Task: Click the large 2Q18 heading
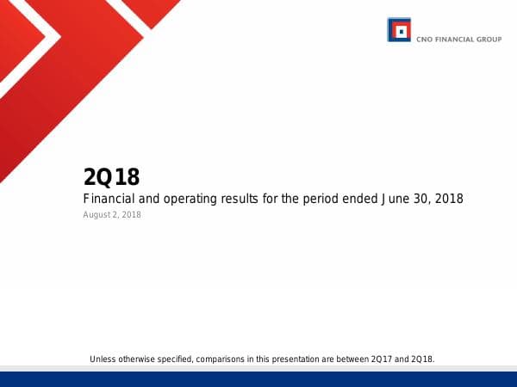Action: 111,177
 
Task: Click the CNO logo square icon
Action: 398,30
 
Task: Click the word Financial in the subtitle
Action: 110,199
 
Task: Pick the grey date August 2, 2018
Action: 112,215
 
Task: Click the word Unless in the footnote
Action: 103,358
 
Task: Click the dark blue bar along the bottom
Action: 258,378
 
